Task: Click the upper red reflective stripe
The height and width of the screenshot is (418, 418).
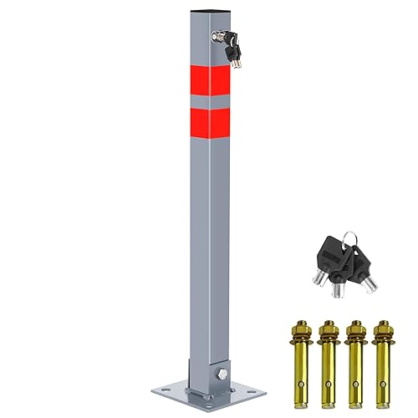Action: coord(208,79)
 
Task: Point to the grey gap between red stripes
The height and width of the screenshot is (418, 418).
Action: coord(208,101)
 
